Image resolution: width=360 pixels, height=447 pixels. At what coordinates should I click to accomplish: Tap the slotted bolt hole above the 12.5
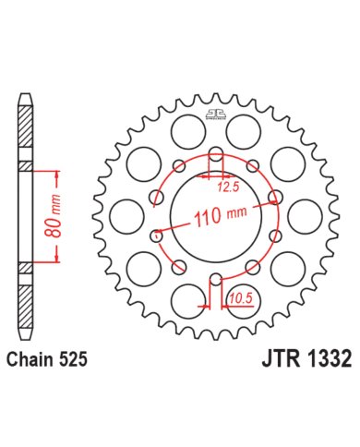click(x=214, y=156)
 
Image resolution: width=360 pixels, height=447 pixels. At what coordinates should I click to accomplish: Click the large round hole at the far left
click(x=123, y=217)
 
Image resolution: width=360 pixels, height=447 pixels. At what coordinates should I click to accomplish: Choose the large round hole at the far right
click(x=306, y=217)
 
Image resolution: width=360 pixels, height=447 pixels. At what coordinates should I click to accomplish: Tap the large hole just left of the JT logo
click(x=178, y=127)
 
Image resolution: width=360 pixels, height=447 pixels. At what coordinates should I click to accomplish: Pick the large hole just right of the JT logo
click(x=251, y=127)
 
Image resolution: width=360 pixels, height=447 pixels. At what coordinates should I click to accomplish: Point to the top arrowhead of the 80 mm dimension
click(x=57, y=172)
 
